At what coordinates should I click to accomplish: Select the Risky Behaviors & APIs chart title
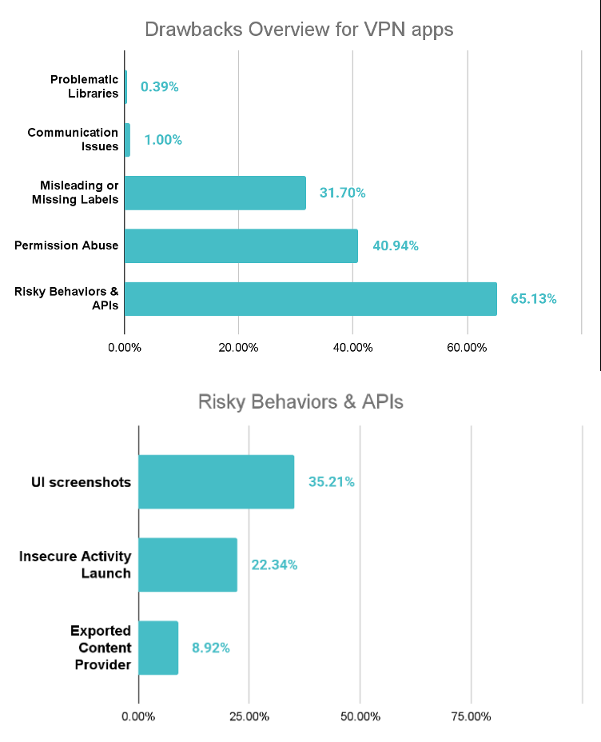(x=300, y=401)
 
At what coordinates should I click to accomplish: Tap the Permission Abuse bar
(x=241, y=245)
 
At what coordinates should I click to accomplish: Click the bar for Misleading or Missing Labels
(x=215, y=193)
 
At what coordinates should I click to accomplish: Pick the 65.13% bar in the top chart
(x=310, y=298)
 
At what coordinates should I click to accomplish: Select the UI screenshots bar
(x=216, y=481)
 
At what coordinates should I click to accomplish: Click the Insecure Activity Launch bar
(x=188, y=564)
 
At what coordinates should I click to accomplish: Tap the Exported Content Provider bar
(x=158, y=648)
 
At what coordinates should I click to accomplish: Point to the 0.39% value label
(x=159, y=87)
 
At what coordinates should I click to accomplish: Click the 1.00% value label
(x=163, y=140)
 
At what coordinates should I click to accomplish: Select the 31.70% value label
(x=342, y=193)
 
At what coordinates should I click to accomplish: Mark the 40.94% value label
(x=395, y=245)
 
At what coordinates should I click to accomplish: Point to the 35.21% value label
(x=331, y=481)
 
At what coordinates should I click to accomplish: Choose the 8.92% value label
(x=210, y=648)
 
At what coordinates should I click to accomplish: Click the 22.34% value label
(x=274, y=564)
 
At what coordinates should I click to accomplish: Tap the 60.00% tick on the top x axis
(x=467, y=348)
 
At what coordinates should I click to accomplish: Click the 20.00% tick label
(x=238, y=348)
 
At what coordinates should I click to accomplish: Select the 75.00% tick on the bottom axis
(x=470, y=716)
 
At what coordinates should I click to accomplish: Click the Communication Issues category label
(x=73, y=139)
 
